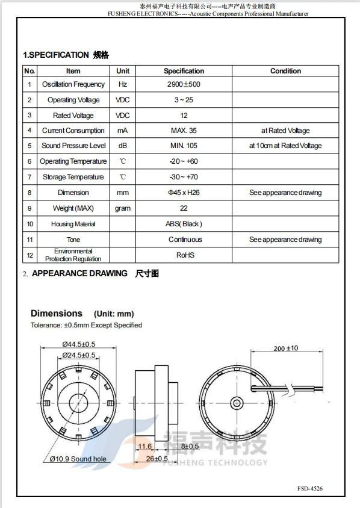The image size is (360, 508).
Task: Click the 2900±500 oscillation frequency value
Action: point(184,84)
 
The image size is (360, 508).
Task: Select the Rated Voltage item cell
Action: point(73,116)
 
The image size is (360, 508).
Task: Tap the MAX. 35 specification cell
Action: point(184,131)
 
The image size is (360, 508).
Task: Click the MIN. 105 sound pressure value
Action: point(184,146)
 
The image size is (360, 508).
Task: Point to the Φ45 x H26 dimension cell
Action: point(184,193)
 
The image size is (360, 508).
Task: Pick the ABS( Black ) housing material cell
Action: point(184,224)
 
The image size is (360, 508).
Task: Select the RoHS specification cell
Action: point(184,255)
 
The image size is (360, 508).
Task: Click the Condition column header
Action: point(285,71)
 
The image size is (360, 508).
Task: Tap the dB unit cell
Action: point(123,146)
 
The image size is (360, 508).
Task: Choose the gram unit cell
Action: point(123,208)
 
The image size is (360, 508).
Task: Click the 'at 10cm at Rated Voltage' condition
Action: point(285,146)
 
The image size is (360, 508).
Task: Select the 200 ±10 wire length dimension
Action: point(285,348)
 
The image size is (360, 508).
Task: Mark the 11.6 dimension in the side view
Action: point(144,446)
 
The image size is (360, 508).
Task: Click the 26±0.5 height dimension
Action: point(156,459)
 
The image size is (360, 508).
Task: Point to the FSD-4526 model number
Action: point(309,488)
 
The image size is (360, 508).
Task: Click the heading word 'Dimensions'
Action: point(57,314)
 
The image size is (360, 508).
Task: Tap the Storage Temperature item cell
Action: point(73,177)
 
